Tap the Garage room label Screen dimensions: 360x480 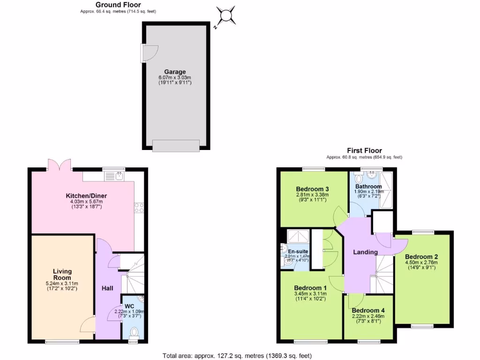pos(175,72)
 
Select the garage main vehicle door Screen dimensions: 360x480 pos(175,146)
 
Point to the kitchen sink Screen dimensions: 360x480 pos(114,176)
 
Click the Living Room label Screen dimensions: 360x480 pos(62,274)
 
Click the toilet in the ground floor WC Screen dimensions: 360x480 pos(134,333)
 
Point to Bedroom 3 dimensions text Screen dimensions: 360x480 pos(312,197)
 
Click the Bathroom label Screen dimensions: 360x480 pos(368,187)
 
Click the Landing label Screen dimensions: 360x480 pos(365,252)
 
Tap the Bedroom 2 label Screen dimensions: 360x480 pos(421,257)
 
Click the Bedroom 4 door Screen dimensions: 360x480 pos(355,300)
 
